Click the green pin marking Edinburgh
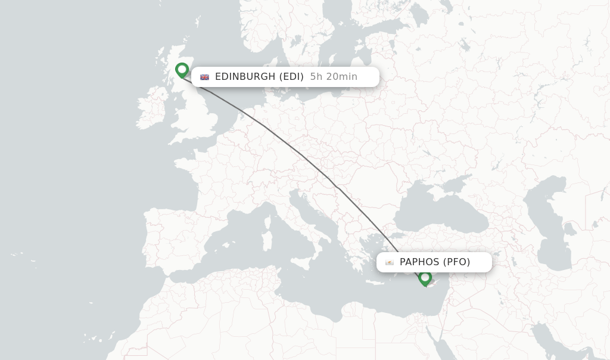tap(182, 70)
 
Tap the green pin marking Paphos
tap(425, 277)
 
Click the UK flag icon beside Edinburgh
tap(205, 77)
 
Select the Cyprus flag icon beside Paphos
tap(390, 262)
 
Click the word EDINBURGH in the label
tap(245, 77)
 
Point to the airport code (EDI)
tap(292, 77)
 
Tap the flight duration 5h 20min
tap(334, 77)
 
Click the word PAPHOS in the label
tap(419, 262)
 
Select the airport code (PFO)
tap(457, 262)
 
